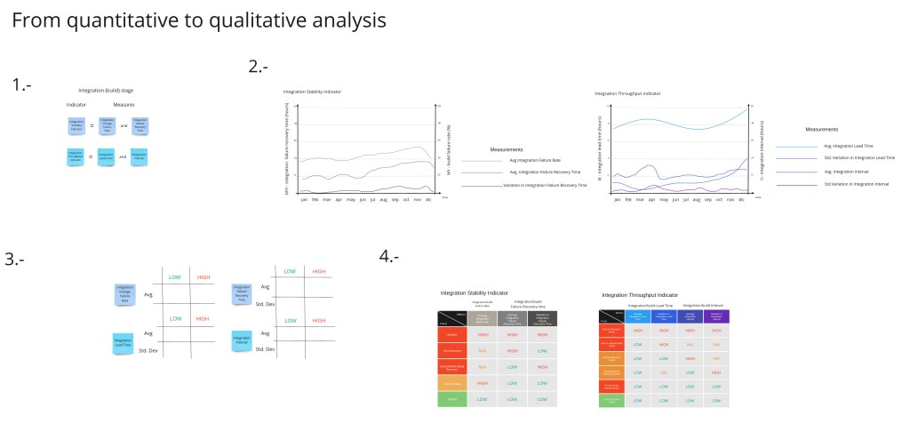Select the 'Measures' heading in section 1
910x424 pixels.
124,104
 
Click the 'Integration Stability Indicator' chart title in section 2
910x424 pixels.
312,92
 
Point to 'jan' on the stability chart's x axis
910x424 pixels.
304,199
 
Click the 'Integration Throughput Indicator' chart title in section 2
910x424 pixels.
627,92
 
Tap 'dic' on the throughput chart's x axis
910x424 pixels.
743,199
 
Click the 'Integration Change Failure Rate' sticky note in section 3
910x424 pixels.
124,294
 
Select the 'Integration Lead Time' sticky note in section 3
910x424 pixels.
124,343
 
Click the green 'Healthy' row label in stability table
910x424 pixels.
452,399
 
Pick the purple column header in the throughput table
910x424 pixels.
716,316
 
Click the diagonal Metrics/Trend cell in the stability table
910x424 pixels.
452,318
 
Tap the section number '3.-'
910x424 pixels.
15,260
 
